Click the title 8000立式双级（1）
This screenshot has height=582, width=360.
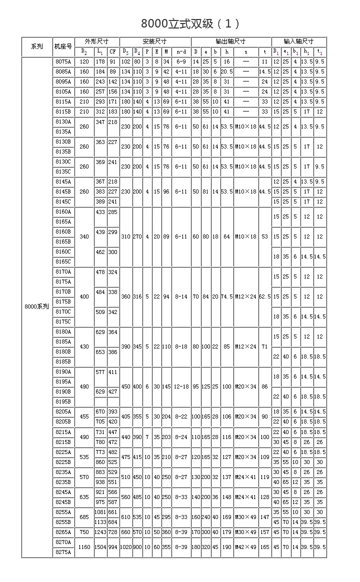coord(190,23)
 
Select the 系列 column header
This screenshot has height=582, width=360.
coord(37,46)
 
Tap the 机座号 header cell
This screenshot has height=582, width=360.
coord(63,46)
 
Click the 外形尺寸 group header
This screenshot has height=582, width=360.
coord(97,41)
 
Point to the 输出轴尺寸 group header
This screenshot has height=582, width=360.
coord(230,41)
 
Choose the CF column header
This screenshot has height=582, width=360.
coord(113,51)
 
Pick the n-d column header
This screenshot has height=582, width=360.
coord(181,51)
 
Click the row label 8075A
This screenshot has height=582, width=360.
coord(63,61)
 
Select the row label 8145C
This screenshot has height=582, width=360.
coord(63,201)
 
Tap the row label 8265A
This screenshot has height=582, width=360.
coord(63,531)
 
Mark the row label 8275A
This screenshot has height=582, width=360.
coord(63,551)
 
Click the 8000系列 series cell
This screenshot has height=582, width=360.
coord(37,306)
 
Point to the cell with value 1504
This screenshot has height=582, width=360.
coord(100,546)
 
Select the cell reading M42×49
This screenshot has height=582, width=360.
coord(246,546)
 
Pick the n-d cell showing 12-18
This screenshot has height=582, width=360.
coord(181,386)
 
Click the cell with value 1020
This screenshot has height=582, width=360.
coord(125,546)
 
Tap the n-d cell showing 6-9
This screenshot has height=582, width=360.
coord(181,61)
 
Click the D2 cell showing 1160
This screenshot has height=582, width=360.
coord(84,546)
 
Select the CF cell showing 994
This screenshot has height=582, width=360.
coord(113,546)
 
